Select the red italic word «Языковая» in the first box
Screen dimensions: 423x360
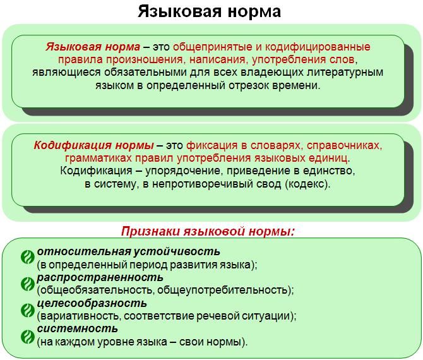(74, 47)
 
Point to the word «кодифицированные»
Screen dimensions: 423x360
(318, 47)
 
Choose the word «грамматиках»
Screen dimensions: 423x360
(98, 158)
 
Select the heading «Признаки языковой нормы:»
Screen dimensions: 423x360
(208, 232)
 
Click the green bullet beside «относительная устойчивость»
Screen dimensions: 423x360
(28, 257)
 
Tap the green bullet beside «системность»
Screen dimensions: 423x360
(28, 337)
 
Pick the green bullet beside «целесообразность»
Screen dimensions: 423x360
(28, 310)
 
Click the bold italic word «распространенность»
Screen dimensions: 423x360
(100, 278)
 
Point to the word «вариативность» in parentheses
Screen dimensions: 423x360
(79, 316)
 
